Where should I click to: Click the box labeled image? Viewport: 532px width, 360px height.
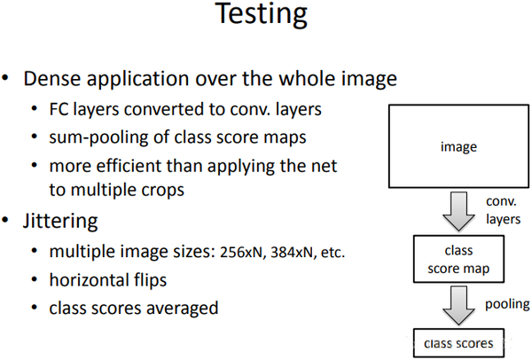click(x=458, y=146)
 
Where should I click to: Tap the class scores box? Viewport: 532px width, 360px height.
click(x=459, y=340)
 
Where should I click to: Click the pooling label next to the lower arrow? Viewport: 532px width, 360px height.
click(x=508, y=304)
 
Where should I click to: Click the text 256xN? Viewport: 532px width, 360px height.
click(x=237, y=253)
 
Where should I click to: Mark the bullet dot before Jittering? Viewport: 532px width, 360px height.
click(x=9, y=218)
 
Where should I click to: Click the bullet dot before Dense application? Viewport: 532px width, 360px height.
click(x=9, y=80)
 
